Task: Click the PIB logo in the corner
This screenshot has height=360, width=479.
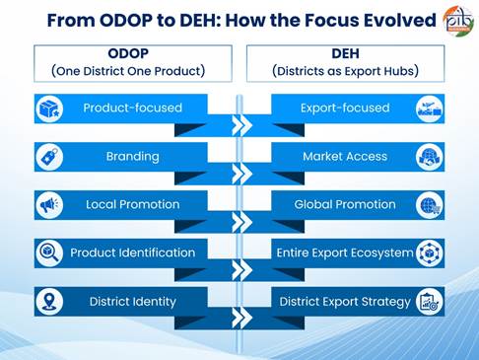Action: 458,21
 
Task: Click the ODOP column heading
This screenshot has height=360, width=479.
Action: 128,53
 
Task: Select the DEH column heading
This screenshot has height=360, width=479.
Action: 345,53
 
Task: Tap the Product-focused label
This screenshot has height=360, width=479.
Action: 133,108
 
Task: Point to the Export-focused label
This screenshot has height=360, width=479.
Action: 345,108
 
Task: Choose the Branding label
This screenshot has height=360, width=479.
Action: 133,157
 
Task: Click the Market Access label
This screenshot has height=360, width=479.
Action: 345,157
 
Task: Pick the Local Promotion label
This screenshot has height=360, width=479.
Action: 133,204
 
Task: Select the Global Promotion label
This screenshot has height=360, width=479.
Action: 345,204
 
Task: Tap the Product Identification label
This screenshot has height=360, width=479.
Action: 133,252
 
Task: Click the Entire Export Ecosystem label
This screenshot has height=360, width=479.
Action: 345,252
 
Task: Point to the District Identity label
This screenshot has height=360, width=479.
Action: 133,302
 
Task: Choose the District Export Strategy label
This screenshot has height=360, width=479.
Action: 345,302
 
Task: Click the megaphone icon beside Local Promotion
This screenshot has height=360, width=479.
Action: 49,205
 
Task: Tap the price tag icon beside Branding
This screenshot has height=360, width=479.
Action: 49,157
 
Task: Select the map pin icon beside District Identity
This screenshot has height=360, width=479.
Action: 49,302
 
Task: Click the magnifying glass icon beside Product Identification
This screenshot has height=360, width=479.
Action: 49,253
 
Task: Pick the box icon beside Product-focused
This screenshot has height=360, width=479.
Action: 49,108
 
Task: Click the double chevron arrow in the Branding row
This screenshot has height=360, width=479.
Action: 242,174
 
